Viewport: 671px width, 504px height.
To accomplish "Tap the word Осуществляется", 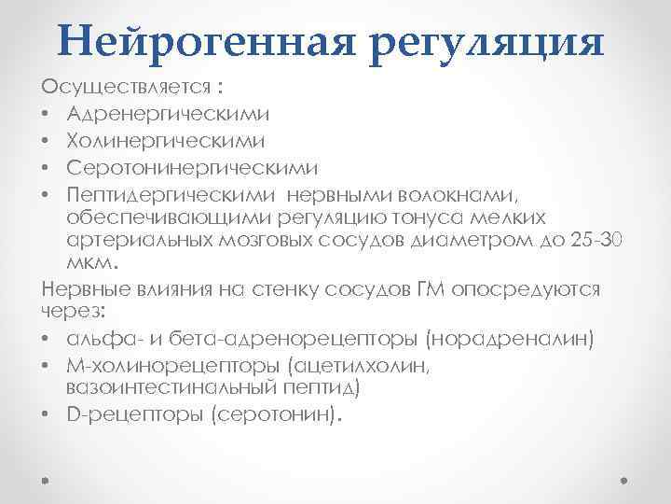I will [x=125, y=87].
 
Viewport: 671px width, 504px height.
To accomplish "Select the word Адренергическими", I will [x=169, y=114].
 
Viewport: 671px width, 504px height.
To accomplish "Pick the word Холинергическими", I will [x=165, y=141].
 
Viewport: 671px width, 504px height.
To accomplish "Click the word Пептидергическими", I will [x=176, y=195].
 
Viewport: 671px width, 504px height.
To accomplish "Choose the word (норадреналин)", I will [x=502, y=337].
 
